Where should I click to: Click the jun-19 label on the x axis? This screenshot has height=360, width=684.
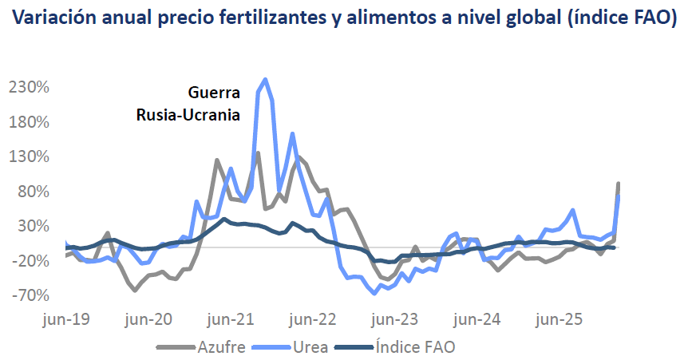tap(66, 319)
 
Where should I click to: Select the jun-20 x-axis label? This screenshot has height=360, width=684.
tap(149, 319)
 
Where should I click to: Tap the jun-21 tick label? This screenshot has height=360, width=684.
tap(231, 319)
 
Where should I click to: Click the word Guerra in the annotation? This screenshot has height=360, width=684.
tap(213, 93)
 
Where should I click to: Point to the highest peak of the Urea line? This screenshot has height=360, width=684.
tap(265, 80)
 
